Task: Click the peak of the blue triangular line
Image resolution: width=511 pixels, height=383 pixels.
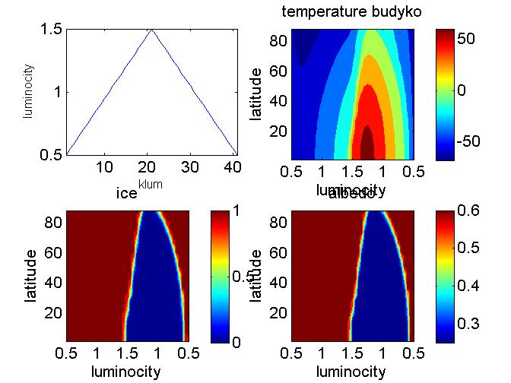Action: coord(151,30)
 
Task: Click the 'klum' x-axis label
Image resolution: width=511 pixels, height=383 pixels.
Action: coord(151,183)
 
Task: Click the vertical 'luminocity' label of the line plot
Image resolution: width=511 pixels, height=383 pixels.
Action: coord(29,91)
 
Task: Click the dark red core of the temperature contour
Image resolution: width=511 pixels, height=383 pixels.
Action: coord(367,141)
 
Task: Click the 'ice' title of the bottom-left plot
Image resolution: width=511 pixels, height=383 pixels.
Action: coord(125,194)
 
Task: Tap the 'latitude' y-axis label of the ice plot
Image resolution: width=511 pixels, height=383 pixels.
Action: coord(30,276)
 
